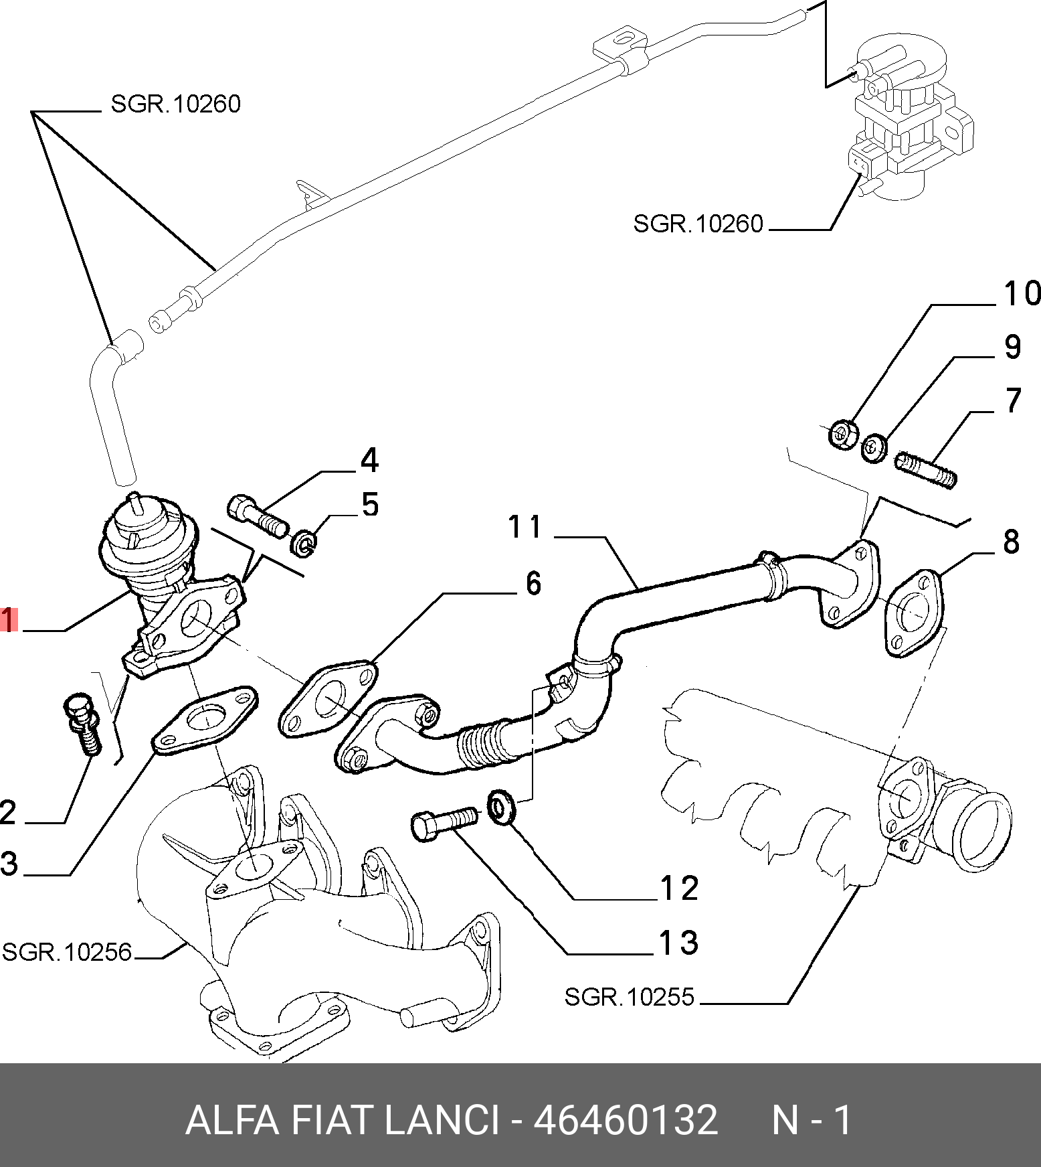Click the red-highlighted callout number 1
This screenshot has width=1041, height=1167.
(8, 619)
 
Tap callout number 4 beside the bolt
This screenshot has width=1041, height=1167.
(369, 461)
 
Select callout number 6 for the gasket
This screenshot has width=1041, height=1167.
(533, 583)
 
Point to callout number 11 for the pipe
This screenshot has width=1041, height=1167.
(525, 527)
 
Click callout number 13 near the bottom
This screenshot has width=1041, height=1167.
(679, 943)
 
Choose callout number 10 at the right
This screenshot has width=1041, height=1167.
(1022, 293)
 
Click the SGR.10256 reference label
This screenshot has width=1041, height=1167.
(67, 951)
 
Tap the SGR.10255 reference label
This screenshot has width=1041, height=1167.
(630, 997)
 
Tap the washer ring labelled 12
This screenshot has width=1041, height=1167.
(503, 806)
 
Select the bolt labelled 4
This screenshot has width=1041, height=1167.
(259, 516)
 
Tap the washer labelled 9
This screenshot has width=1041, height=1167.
(874, 447)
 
